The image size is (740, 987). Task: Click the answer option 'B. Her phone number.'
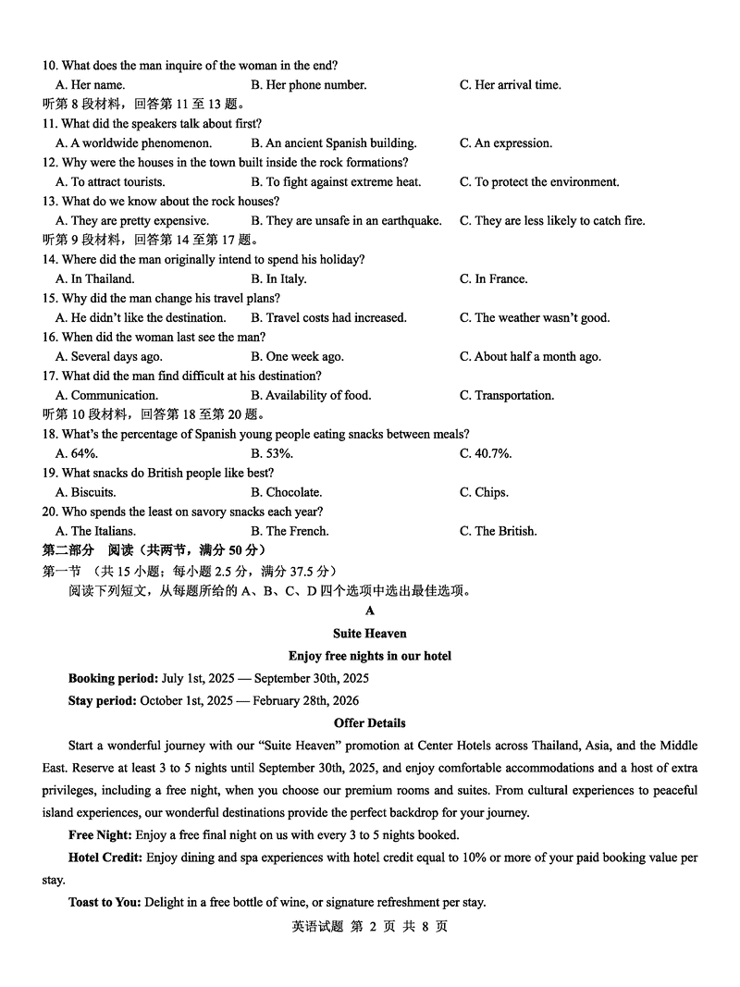(308, 85)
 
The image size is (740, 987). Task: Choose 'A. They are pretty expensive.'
(132, 221)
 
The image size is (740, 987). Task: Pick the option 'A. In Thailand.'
(95, 279)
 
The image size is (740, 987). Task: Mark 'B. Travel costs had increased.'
(328, 318)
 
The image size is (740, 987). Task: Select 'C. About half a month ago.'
(530, 357)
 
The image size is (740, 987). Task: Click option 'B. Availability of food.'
(311, 396)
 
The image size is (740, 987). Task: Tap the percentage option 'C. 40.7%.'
(486, 454)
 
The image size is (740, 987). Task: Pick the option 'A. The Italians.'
(96, 532)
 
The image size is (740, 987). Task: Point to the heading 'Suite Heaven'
(370, 635)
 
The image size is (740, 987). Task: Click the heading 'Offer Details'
(370, 723)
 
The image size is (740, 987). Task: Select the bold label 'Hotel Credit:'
(105, 858)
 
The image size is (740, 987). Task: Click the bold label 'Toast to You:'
(105, 903)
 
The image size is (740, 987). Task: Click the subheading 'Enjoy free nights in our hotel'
(370, 657)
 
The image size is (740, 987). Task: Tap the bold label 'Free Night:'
(100, 835)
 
